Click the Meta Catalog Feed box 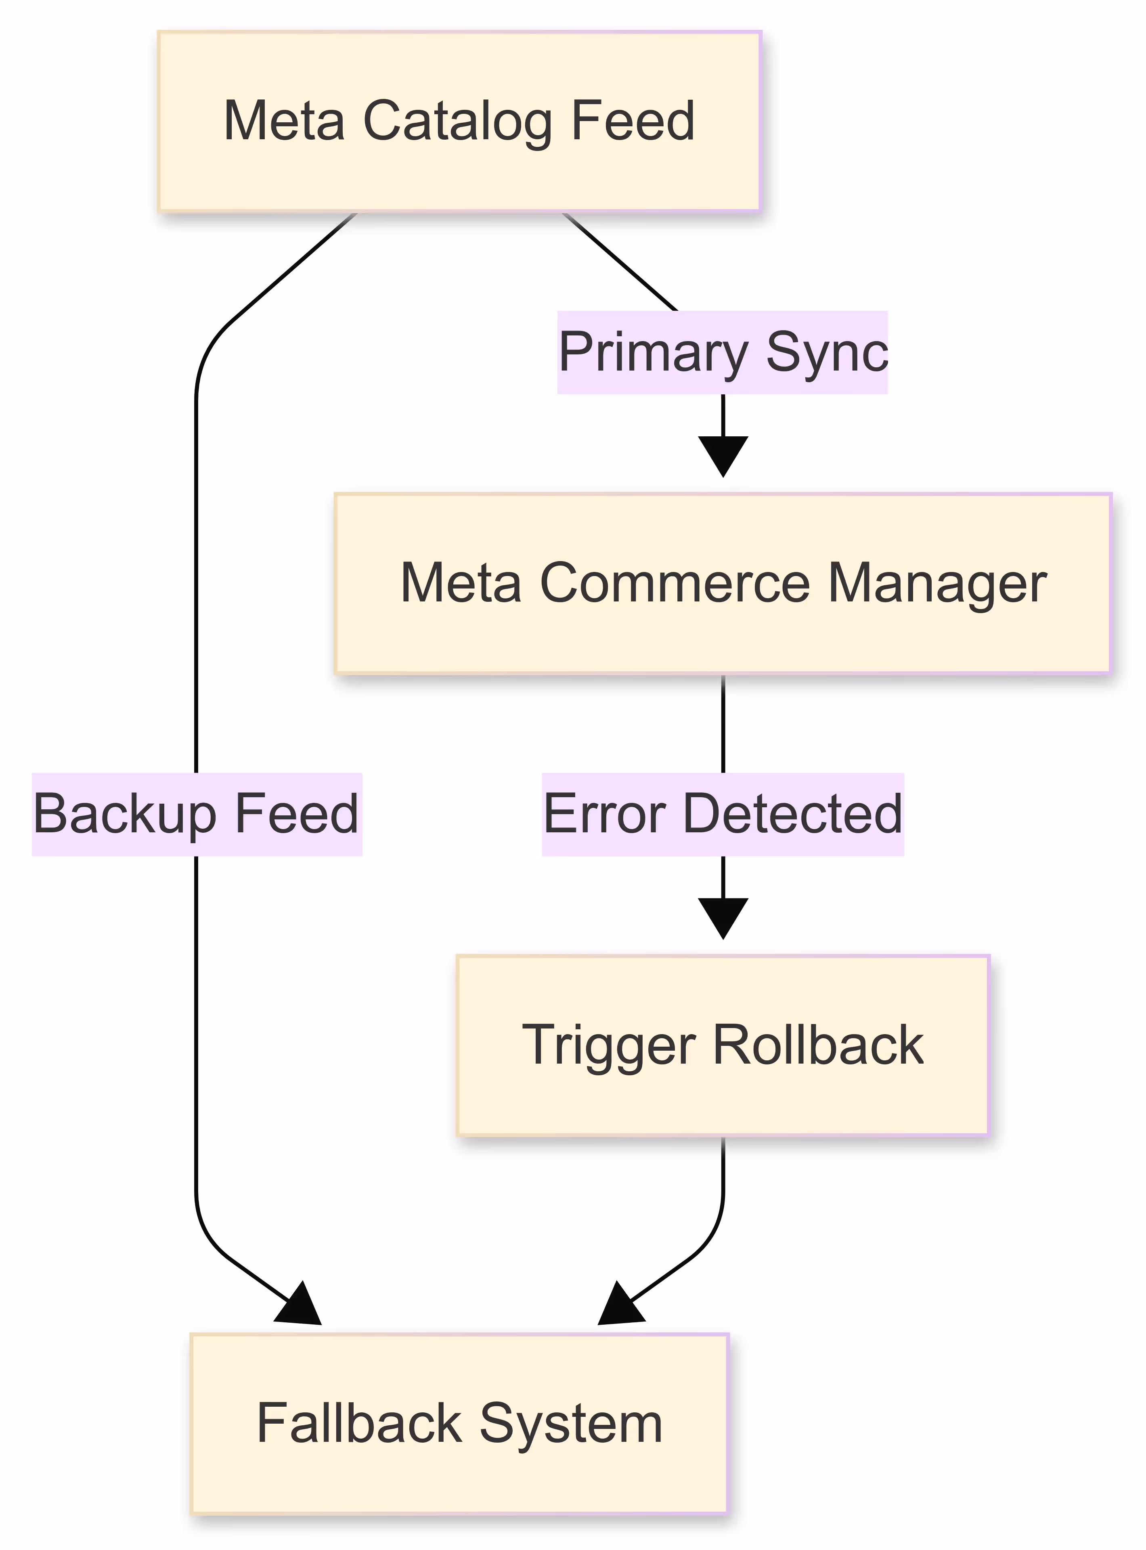tap(459, 121)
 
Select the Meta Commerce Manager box tap(723, 583)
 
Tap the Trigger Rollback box tap(723, 1045)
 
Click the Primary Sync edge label tap(723, 352)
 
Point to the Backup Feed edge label tap(197, 814)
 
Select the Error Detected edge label tap(723, 814)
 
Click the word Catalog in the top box tap(458, 121)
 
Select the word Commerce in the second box tap(674, 583)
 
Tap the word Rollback tap(819, 1045)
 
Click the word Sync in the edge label tap(826, 352)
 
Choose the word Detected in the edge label tap(792, 814)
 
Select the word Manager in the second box tap(937, 583)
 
